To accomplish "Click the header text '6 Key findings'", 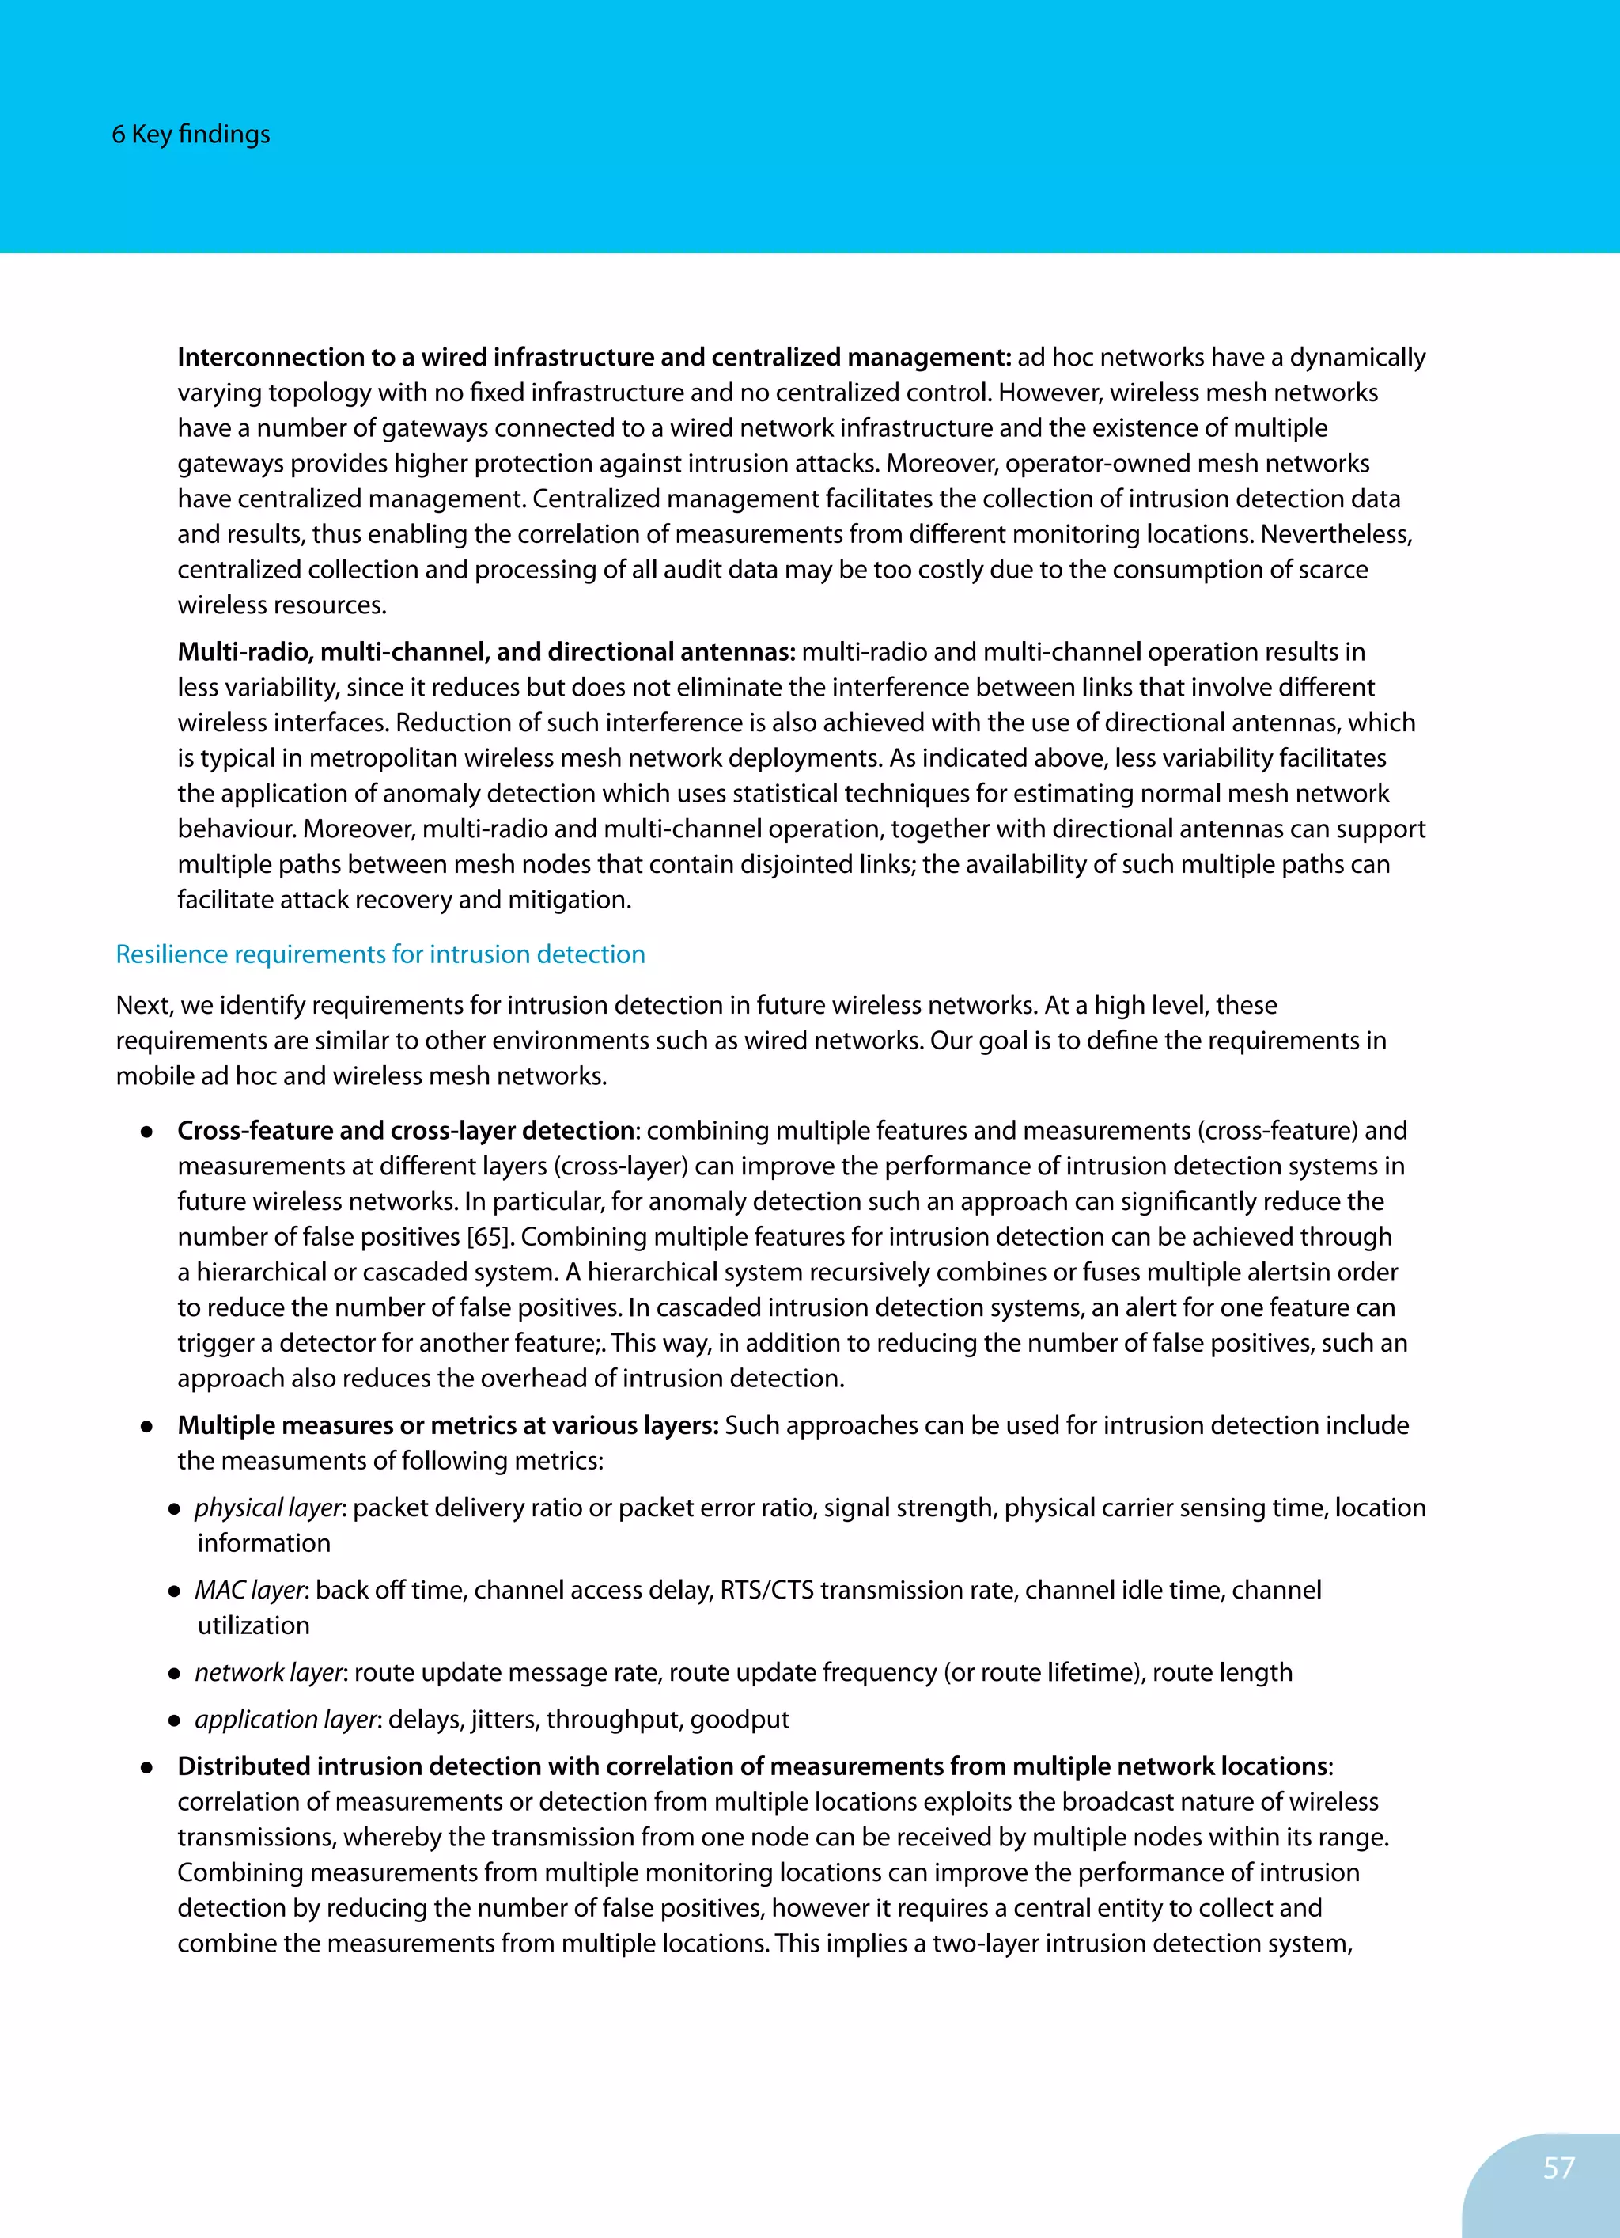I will (191, 135).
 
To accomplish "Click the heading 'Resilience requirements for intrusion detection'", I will (380, 954).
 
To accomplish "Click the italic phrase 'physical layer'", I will (267, 1508).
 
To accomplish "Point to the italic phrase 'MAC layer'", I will (251, 1590).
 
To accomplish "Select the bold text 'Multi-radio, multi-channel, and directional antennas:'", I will (486, 652).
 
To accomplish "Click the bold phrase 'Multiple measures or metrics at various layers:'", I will (448, 1425).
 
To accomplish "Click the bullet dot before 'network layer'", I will (174, 1674).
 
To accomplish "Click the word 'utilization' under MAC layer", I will (254, 1625).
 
